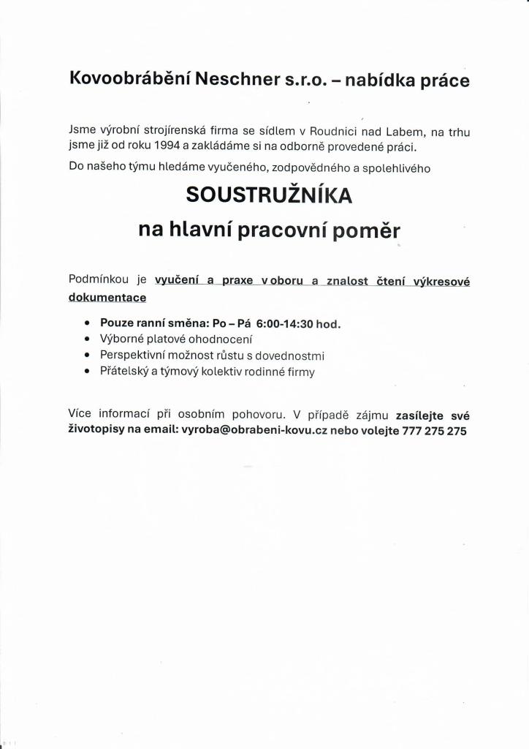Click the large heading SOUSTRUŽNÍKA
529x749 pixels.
[x=269, y=195]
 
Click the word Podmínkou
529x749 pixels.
[x=98, y=279]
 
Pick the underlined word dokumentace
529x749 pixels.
[x=107, y=297]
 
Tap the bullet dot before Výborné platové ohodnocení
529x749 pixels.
[x=88, y=339]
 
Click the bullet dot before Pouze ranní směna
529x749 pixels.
[x=88, y=323]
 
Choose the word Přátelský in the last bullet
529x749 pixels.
[x=123, y=372]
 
